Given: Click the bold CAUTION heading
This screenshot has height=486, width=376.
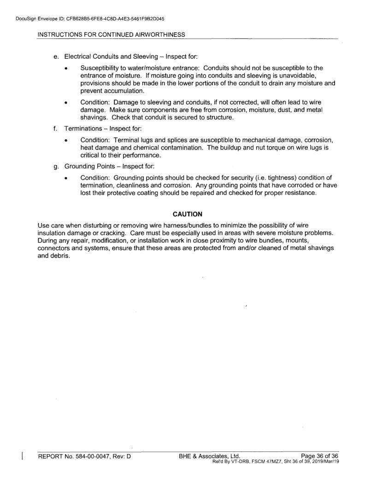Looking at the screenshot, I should point(188,214).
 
